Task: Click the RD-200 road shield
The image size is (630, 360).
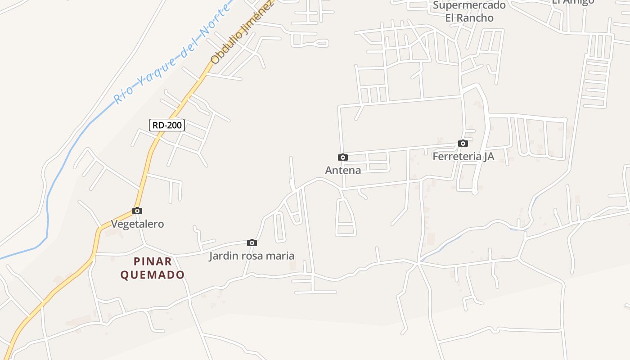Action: click(x=167, y=125)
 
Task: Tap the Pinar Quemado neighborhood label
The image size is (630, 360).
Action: click(x=153, y=268)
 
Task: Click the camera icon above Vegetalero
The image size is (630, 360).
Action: click(x=137, y=211)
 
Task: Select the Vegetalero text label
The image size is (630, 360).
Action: click(x=137, y=224)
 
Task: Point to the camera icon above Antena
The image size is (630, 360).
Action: click(x=343, y=157)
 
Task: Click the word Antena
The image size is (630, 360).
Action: click(x=343, y=170)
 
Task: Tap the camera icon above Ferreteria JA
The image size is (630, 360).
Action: click(x=463, y=143)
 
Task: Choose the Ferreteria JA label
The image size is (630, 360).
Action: click(x=463, y=156)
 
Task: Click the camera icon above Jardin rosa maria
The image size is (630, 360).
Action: click(x=252, y=243)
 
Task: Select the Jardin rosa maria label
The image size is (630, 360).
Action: click(x=252, y=256)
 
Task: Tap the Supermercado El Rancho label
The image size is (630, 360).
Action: click(x=469, y=12)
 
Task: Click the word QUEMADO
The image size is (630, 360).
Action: click(x=153, y=274)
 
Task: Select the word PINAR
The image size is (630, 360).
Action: click(x=153, y=261)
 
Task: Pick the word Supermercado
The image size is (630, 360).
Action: click(x=469, y=5)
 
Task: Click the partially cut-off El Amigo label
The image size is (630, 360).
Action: click(x=573, y=2)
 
